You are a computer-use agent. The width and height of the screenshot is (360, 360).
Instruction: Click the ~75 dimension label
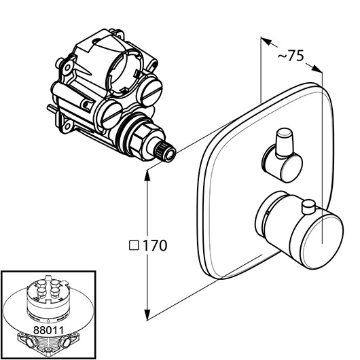(291, 56)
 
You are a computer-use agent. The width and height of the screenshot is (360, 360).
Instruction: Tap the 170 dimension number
(155, 245)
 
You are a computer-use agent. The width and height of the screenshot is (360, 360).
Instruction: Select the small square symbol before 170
(134, 245)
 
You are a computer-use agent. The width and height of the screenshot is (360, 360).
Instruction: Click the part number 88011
(48, 330)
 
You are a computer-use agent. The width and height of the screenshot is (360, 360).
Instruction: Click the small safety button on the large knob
(309, 206)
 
